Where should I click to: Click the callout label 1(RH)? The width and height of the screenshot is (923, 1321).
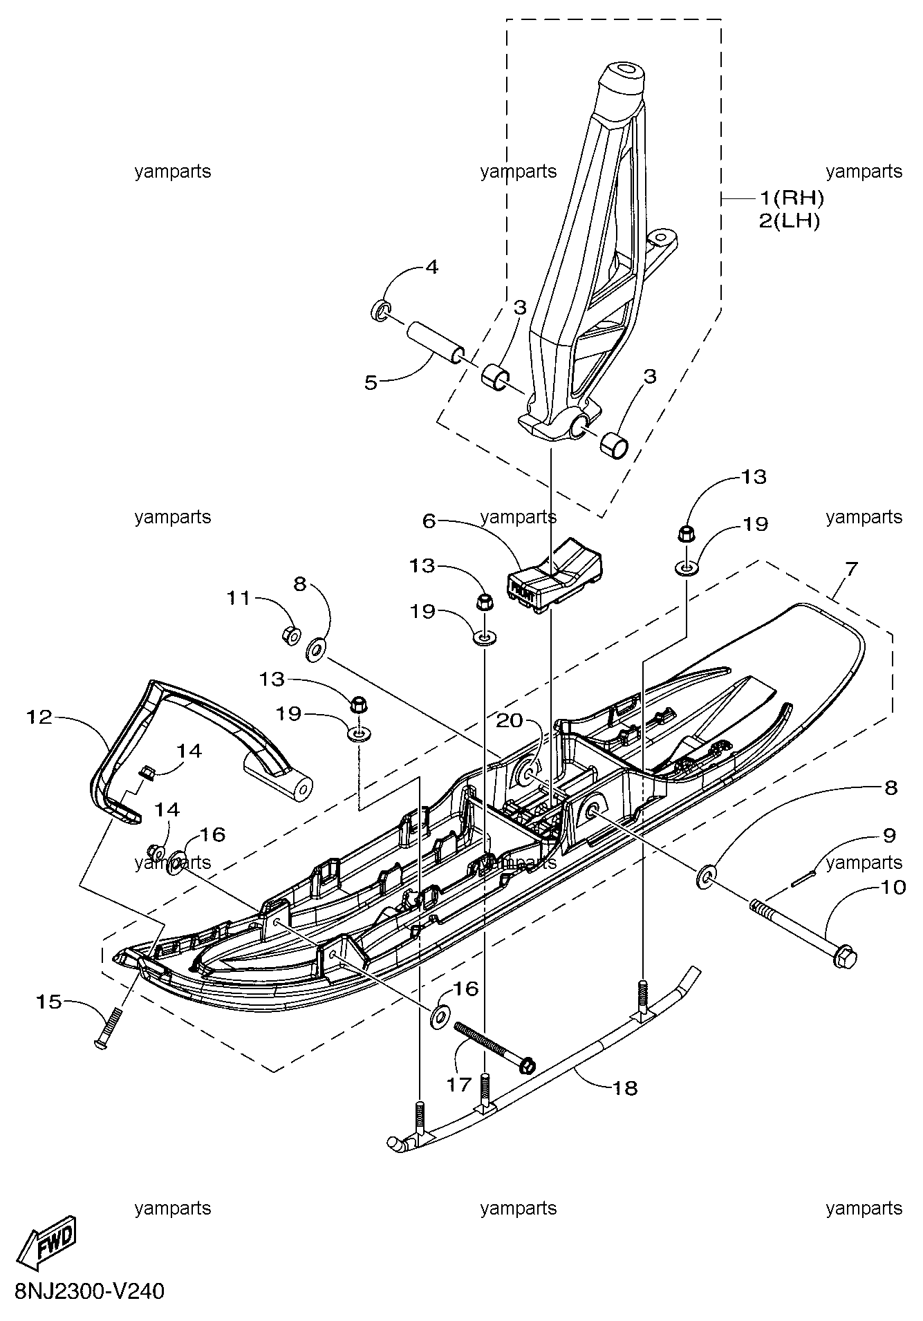coord(792,198)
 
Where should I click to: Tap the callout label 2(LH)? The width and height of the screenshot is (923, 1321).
coord(789,222)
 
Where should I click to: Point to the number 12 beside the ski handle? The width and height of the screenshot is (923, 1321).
coord(39,717)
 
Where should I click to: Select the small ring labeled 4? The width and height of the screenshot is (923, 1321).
coord(381,312)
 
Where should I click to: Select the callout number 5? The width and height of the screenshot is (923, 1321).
coord(372,382)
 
